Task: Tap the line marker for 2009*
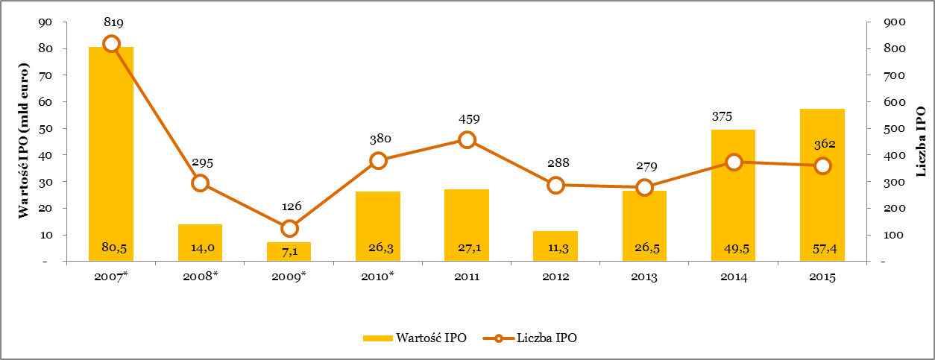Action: [289, 228]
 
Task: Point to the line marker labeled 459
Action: [467, 139]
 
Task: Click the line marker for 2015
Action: [822, 165]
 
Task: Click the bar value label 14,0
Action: [200, 247]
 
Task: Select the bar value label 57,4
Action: [822, 247]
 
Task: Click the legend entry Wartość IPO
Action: [415, 338]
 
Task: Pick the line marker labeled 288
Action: [555, 185]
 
